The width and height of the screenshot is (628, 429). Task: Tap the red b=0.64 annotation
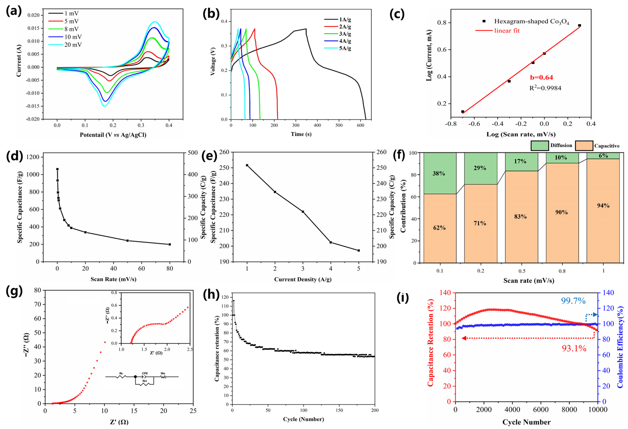coord(541,78)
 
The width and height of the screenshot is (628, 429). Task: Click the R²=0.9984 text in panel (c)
coord(545,88)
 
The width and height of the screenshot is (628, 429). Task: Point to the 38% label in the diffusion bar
coord(439,174)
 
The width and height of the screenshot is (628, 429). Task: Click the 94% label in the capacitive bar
coord(603,206)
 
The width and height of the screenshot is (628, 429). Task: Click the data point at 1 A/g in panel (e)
coord(247,165)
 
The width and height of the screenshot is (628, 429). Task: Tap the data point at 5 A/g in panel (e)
coord(359,250)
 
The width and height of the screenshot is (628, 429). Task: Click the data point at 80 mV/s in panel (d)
coord(170,244)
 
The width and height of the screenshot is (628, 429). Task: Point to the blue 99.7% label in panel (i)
coord(573,301)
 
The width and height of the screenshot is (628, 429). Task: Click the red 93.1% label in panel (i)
coord(574,349)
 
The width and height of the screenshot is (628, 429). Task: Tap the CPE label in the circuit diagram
coord(145,373)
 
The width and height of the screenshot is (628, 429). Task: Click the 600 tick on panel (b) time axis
coord(360,125)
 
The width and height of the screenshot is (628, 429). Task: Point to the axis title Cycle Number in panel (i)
coord(526,422)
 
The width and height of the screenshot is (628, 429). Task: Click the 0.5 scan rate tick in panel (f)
coord(522,271)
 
